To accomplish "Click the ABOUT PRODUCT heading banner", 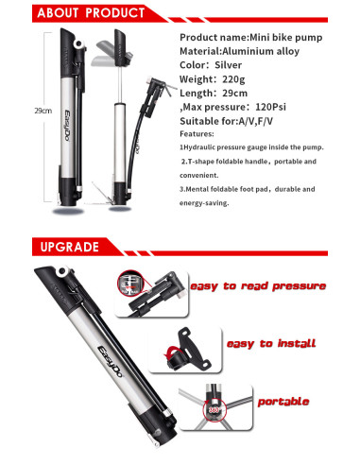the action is click(x=92, y=13).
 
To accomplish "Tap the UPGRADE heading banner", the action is click(x=70, y=247).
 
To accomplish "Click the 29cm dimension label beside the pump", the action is click(x=43, y=111).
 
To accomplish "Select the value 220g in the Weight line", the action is click(x=233, y=79).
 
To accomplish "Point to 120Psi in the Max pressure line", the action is click(x=270, y=107).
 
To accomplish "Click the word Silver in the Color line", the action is click(x=228, y=65).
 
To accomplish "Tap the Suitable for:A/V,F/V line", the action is click(x=226, y=121).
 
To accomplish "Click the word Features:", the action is click(x=197, y=134).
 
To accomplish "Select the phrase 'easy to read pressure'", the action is click(x=258, y=286).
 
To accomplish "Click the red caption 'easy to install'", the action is click(x=271, y=343).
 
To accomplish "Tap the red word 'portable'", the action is click(x=283, y=402).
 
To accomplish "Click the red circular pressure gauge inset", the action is click(x=129, y=283).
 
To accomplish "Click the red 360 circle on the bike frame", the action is click(x=214, y=409).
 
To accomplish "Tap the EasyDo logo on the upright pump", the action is click(x=67, y=126).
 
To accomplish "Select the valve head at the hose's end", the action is click(x=158, y=88).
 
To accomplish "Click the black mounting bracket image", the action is click(x=186, y=350).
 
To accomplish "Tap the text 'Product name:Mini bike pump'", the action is click(x=251, y=38).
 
